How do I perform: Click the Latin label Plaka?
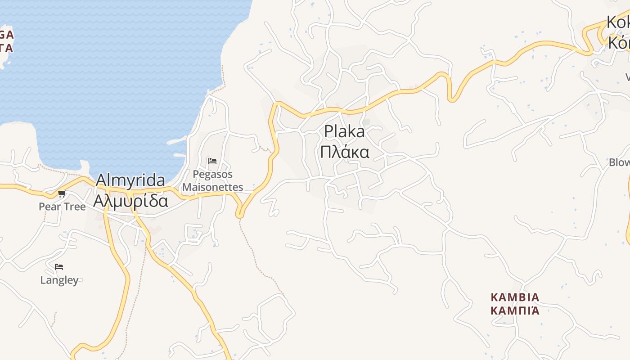point(344,131)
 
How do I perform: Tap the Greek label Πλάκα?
point(345,152)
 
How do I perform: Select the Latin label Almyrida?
point(130,180)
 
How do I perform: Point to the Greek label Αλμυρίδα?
point(130,200)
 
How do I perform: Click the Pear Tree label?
point(62,207)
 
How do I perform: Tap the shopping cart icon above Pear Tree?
point(62,194)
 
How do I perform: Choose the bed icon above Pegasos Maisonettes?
point(212,161)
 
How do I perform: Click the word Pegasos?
point(213,174)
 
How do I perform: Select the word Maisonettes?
point(213,187)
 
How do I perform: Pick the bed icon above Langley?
point(59,267)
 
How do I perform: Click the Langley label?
point(59,280)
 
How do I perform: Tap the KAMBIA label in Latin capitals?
point(515,297)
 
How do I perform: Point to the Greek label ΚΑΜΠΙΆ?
point(515,310)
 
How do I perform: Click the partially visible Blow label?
point(619,162)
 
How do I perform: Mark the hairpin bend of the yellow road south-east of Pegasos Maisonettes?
point(240,215)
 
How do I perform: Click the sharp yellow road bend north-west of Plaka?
point(275,105)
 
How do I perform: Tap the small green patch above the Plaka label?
point(367,121)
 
